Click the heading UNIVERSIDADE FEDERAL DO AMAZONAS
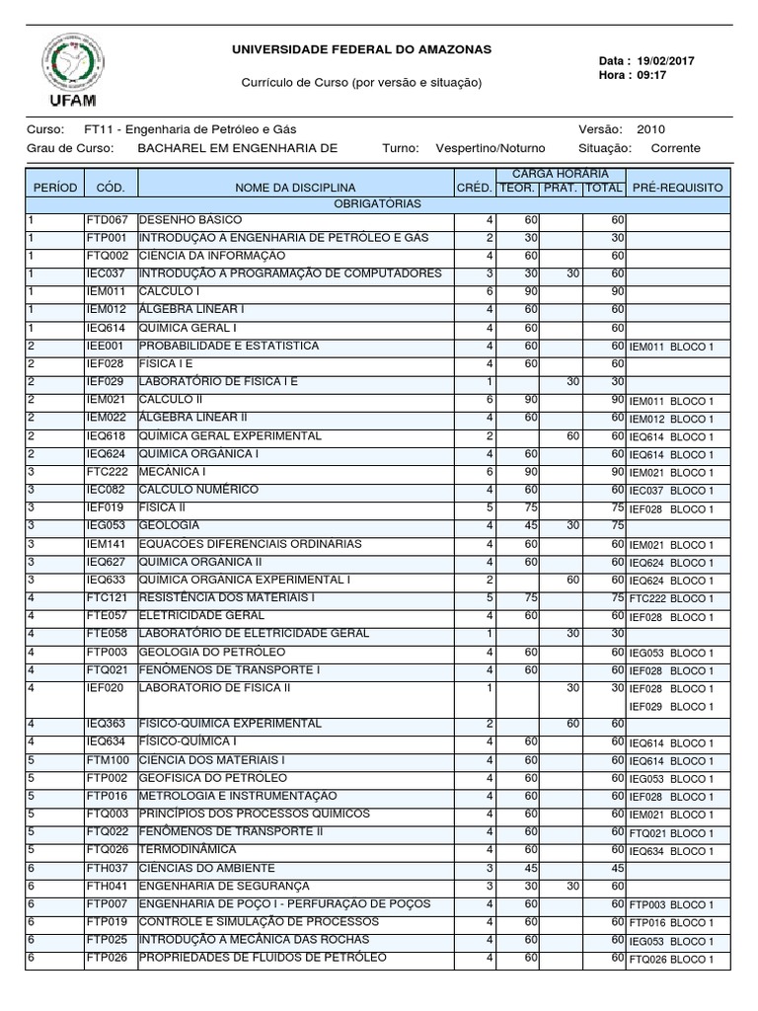tap(360, 49)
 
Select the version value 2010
tap(651, 129)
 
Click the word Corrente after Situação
tap(675, 148)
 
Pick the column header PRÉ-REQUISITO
tap(677, 188)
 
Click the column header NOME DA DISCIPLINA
tap(295, 188)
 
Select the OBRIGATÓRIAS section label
tap(378, 204)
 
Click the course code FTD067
tap(107, 220)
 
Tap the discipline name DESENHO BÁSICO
tap(189, 220)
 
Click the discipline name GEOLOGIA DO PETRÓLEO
tap(212, 652)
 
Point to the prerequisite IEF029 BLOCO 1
tap(670, 707)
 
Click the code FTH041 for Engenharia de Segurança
tap(107, 886)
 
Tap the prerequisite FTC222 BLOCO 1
tap(670, 599)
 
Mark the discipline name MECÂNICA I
tap(172, 472)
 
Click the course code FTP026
tap(107, 958)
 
